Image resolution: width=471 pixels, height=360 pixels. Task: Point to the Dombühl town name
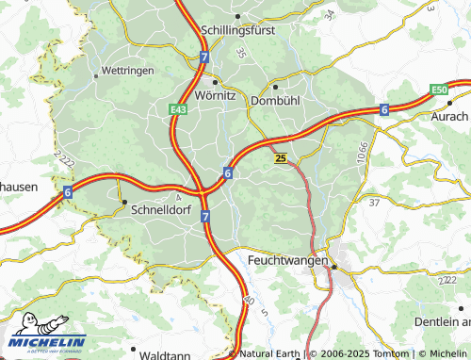pyautogui.click(x=276, y=98)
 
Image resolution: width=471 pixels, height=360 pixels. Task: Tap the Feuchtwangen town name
pyautogui.click(x=287, y=259)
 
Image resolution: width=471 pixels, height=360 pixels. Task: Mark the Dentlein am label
pyautogui.click(x=442, y=321)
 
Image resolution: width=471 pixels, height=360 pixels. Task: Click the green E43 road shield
pyautogui.click(x=178, y=110)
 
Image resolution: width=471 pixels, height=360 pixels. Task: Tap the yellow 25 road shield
pyautogui.click(x=282, y=159)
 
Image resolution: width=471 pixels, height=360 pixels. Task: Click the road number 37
pyautogui.click(x=374, y=202)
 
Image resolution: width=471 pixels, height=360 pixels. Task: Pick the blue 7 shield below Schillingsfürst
pyautogui.click(x=204, y=57)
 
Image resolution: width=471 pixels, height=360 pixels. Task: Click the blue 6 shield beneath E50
pyautogui.click(x=384, y=110)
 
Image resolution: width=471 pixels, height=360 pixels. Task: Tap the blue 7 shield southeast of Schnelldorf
pyautogui.click(x=205, y=217)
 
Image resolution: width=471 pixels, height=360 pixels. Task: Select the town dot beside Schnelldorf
pyautogui.click(x=123, y=201)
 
